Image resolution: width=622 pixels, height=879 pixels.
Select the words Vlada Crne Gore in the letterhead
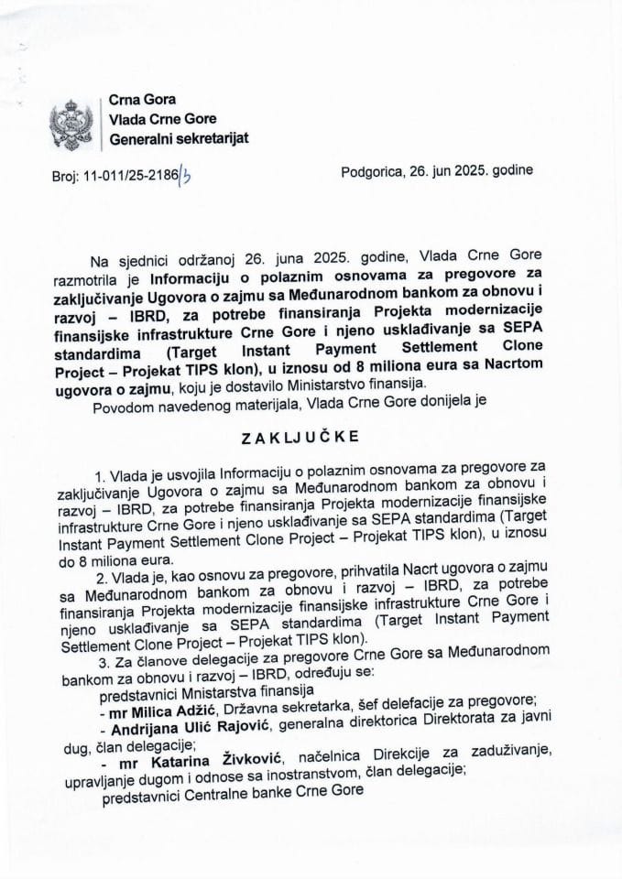coord(165,119)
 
